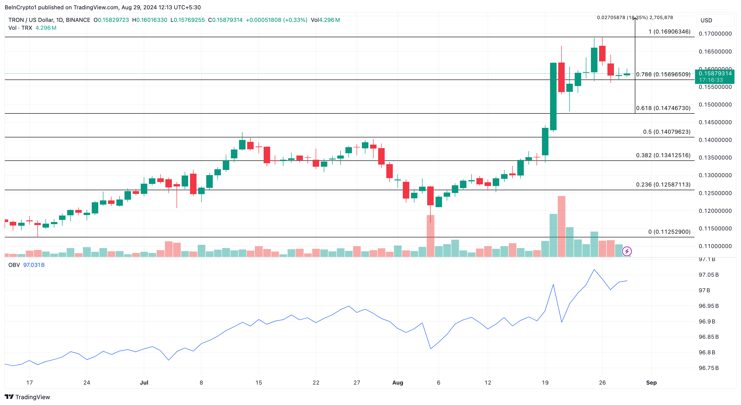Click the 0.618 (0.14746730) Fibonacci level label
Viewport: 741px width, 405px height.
click(663, 108)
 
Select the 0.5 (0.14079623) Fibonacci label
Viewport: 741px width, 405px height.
click(666, 132)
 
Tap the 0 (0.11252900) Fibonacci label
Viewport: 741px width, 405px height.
click(669, 232)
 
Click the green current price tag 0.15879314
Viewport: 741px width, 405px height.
click(715, 73)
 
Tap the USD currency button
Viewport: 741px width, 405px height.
click(706, 20)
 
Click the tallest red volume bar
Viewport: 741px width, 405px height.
click(561, 226)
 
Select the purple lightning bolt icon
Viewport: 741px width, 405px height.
click(627, 251)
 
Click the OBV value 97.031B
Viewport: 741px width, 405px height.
click(34, 265)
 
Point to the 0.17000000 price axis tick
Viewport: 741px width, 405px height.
click(715, 34)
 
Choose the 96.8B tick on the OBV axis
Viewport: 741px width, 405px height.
click(707, 352)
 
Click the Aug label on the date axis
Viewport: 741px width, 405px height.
click(397, 382)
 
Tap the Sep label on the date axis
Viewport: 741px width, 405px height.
click(651, 382)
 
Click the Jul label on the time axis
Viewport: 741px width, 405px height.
click(144, 382)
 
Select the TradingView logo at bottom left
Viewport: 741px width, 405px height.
click(27, 397)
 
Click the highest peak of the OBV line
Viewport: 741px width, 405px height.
click(594, 270)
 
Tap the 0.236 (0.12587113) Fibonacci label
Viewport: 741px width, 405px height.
click(663, 185)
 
